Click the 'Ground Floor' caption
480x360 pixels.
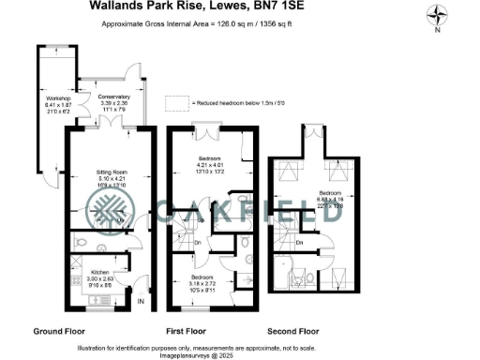(61, 331)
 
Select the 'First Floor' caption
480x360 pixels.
(186, 331)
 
